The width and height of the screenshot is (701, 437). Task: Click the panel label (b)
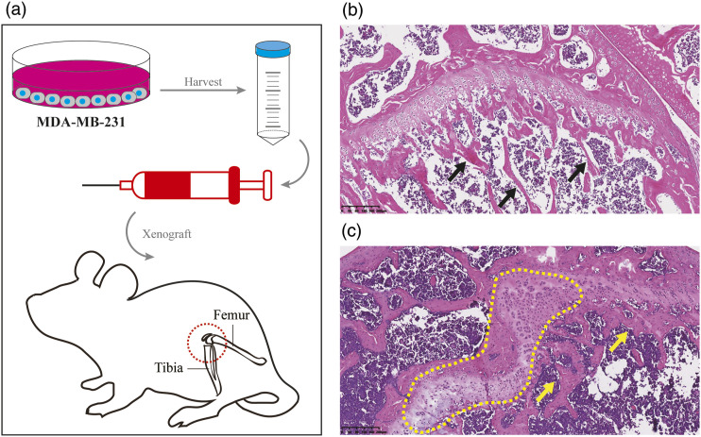tap(351, 11)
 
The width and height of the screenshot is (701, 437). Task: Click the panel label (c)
tap(351, 230)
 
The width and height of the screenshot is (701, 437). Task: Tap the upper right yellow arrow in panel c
tap(615, 338)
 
